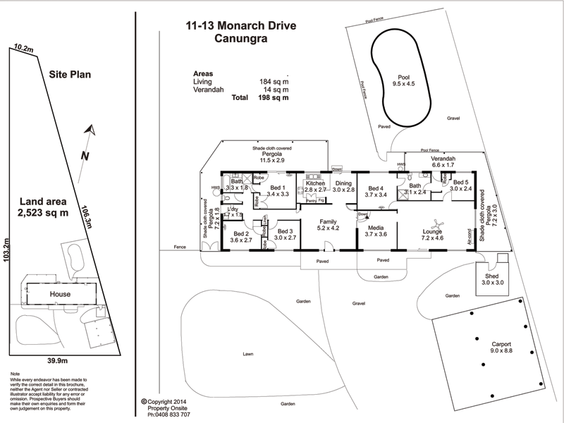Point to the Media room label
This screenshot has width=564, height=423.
click(x=374, y=233)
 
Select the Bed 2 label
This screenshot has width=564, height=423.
click(x=241, y=236)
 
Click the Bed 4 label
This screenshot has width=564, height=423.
click(x=374, y=190)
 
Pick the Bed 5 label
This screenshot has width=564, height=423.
click(x=460, y=185)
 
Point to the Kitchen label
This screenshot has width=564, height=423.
click(x=315, y=186)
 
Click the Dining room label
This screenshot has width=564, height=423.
click(x=343, y=186)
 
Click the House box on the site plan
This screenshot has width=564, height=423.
click(x=60, y=293)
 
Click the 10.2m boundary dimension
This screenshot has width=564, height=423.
click(x=23, y=49)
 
